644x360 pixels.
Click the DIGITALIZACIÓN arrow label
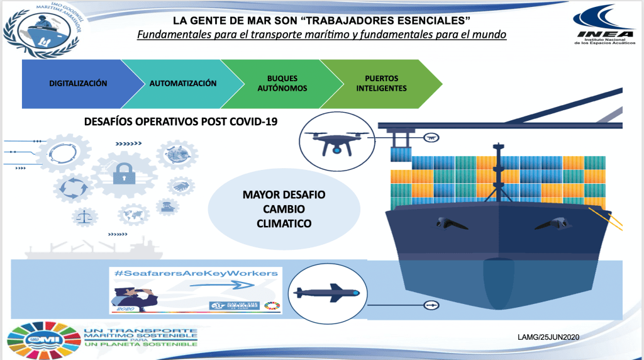(78, 83)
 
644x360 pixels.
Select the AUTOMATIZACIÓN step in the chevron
(182, 83)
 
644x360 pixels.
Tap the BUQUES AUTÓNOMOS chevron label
(282, 84)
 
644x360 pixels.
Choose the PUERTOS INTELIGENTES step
(381, 84)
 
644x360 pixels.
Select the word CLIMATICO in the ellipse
(284, 223)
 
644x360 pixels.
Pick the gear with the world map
(133, 214)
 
